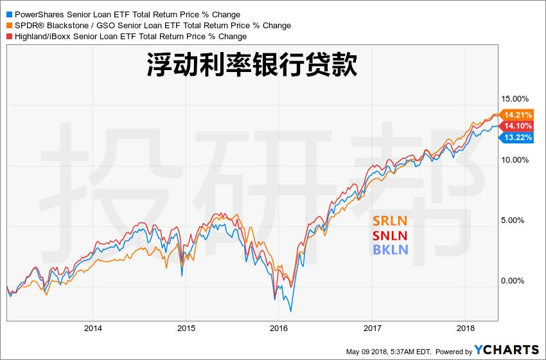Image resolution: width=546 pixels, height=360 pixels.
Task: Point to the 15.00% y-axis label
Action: pos(514,99)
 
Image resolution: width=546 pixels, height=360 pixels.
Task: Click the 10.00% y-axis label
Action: pos(514,159)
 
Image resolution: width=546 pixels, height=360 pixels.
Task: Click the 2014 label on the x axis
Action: pos(92,328)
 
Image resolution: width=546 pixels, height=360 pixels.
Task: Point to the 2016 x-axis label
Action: pos(279,328)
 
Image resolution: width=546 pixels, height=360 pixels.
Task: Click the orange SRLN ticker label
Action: pos(390,221)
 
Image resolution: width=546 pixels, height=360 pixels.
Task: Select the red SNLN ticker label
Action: pos(390,235)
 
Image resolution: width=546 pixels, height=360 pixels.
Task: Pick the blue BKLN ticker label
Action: pos(390,249)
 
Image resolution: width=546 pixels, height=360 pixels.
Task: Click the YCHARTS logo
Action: pos(506,350)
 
